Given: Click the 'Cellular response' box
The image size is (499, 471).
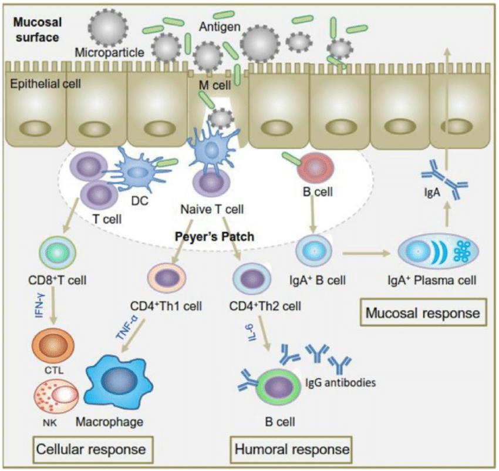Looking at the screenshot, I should (x=90, y=449).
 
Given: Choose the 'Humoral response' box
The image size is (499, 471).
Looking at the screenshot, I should (x=291, y=449).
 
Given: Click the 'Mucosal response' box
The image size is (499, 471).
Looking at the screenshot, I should (x=423, y=313).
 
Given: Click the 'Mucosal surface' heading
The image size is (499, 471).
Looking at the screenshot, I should (x=36, y=30).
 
